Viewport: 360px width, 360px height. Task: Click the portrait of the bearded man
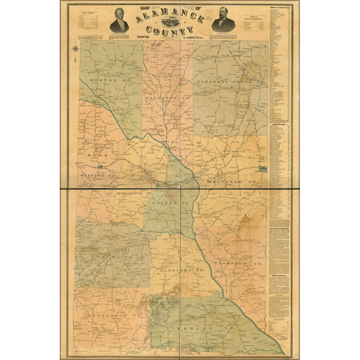pyautogui.click(x=223, y=21)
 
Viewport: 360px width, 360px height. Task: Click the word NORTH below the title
pyautogui.click(x=143, y=37)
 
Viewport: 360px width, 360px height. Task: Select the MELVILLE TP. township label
pyautogui.click(x=231, y=182)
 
